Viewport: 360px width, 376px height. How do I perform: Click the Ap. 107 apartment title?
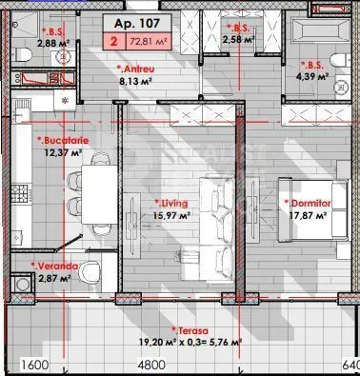click(137, 24)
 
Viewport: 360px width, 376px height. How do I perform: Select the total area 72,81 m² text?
click(149, 41)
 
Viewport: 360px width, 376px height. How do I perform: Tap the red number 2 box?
click(114, 42)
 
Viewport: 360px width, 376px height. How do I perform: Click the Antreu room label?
click(135, 69)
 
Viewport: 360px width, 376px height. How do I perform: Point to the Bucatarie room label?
click(63, 140)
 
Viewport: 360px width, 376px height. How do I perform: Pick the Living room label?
click(171, 204)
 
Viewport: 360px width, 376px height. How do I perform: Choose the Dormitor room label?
click(308, 204)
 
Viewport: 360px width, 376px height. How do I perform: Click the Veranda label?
click(54, 266)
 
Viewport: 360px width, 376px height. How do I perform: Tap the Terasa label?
click(190, 331)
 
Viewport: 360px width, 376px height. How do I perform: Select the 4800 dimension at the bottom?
click(151, 365)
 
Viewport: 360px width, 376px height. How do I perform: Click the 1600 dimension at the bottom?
click(34, 365)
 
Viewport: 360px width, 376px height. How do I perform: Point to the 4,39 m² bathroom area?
click(312, 76)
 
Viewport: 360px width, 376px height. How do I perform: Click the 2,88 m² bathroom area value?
click(53, 43)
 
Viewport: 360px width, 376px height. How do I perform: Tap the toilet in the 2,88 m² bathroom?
click(22, 54)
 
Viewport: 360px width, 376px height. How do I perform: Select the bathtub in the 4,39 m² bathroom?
click(319, 31)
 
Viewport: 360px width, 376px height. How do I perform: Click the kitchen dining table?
click(100, 194)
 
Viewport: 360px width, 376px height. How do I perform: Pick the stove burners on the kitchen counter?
click(19, 192)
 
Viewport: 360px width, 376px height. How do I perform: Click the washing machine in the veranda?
click(21, 284)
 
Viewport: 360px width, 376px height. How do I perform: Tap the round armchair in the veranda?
click(90, 271)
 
